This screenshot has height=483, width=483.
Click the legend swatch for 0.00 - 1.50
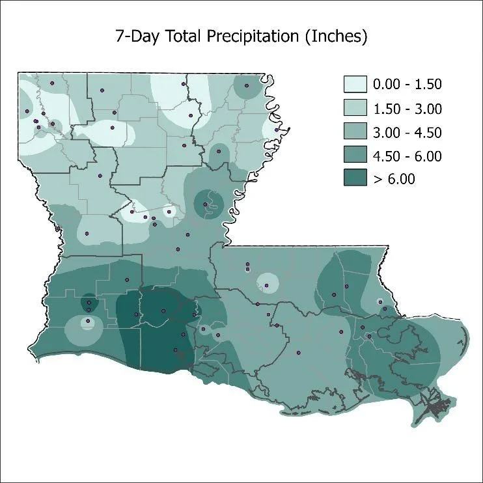(x=355, y=85)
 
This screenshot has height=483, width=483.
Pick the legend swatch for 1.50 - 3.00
(x=355, y=108)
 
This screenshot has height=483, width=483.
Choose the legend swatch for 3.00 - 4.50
(x=355, y=132)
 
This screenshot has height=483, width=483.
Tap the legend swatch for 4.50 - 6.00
(x=355, y=156)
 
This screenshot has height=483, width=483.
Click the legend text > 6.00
(x=393, y=179)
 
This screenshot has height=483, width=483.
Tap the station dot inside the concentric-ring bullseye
(x=206, y=204)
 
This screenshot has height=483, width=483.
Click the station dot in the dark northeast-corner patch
(x=246, y=85)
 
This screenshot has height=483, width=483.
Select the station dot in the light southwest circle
(x=87, y=320)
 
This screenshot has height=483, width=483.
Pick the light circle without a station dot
(x=267, y=283)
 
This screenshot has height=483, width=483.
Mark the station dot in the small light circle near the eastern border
(x=379, y=301)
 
